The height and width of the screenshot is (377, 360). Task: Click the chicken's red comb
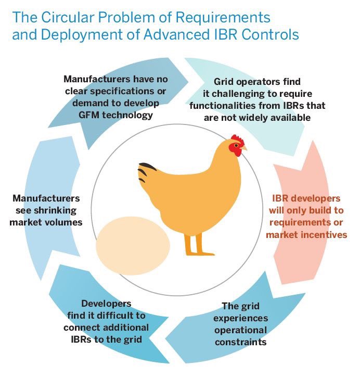click(x=237, y=140)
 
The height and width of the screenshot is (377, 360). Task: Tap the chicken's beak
click(x=244, y=148)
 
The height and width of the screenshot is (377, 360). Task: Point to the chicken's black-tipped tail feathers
click(x=148, y=169)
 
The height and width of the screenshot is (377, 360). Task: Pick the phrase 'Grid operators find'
click(x=258, y=82)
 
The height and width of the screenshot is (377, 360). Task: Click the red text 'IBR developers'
click(x=306, y=198)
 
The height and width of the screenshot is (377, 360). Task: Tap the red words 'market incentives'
click(x=306, y=234)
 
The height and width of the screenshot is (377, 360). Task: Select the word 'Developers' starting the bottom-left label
click(x=106, y=303)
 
